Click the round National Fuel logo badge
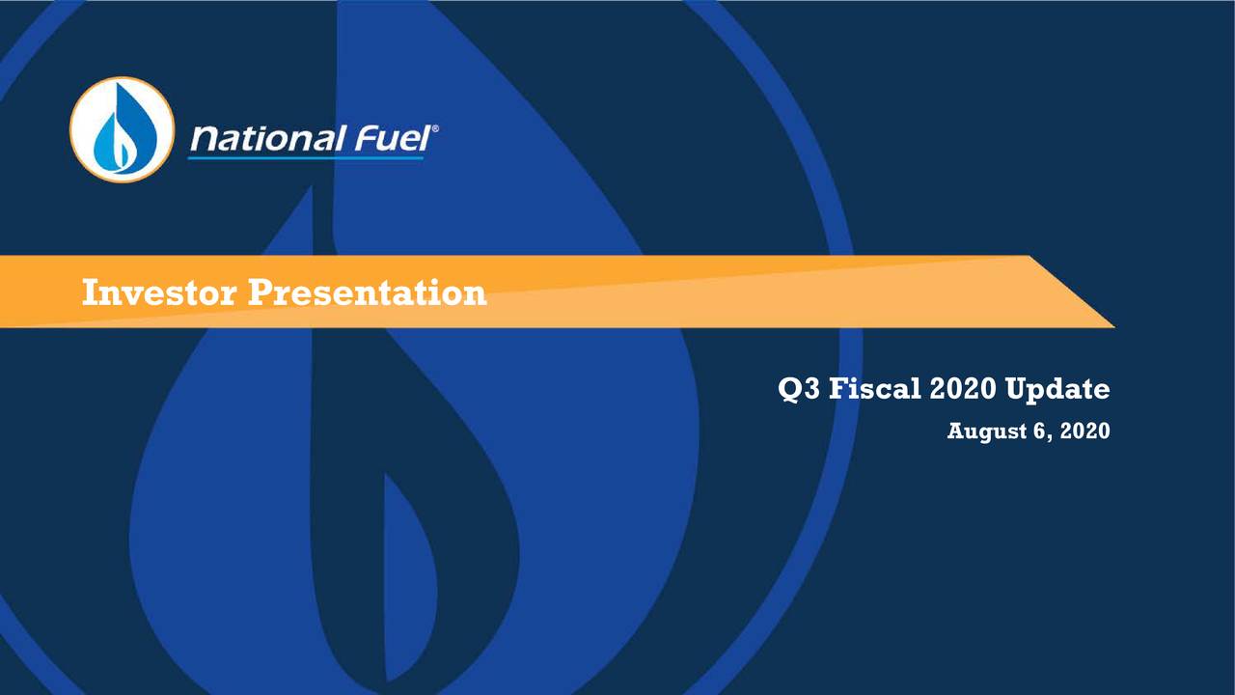coord(122,129)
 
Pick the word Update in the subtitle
coord(1057,390)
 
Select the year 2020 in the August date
coord(1084,431)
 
